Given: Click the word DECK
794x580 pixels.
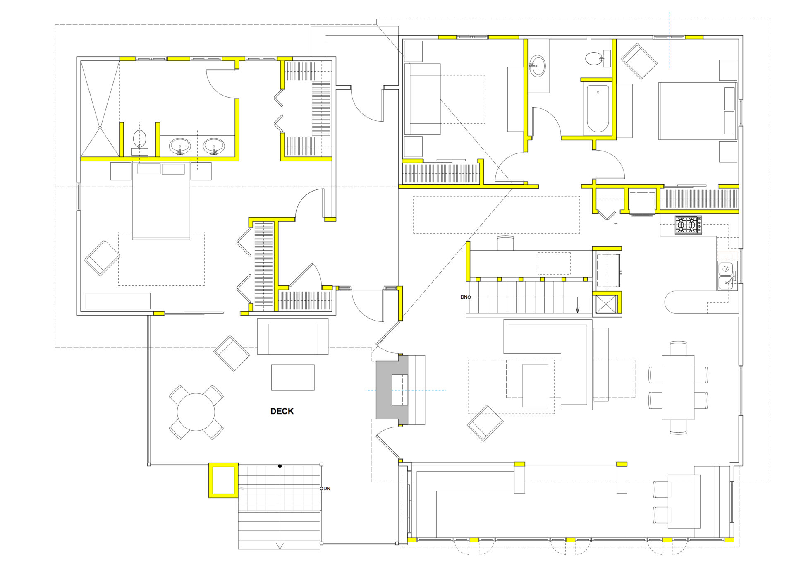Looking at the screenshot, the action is pyautogui.click(x=282, y=411).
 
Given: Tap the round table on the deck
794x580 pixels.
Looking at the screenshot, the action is pyautogui.click(x=196, y=412).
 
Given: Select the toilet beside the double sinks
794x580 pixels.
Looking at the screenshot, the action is pyautogui.click(x=140, y=142).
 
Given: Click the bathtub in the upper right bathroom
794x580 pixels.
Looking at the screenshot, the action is pyautogui.click(x=598, y=108).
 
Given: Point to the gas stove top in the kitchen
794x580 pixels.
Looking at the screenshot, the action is pyautogui.click(x=688, y=225).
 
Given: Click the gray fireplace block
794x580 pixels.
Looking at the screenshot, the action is pyautogui.click(x=392, y=390).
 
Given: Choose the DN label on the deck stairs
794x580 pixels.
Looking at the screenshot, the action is pyautogui.click(x=327, y=489).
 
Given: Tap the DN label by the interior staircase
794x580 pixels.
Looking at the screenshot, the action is pyautogui.click(x=464, y=297).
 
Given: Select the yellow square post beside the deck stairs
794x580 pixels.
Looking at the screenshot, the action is pyautogui.click(x=223, y=480).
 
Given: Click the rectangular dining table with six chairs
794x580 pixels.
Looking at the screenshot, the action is pyautogui.click(x=678, y=387).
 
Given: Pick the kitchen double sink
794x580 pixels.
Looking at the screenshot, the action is pyautogui.click(x=726, y=276).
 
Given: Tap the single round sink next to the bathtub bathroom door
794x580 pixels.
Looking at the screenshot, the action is pyautogui.click(x=537, y=66).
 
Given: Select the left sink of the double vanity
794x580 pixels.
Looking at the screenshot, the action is pyautogui.click(x=180, y=146).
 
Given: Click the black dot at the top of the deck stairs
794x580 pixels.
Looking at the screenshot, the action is pyautogui.click(x=280, y=466).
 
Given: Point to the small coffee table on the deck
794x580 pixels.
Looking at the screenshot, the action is pyautogui.click(x=293, y=377).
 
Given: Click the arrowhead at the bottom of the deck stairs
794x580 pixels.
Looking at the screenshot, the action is pyautogui.click(x=280, y=546).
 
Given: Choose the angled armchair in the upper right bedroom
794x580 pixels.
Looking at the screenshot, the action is pyautogui.click(x=639, y=61).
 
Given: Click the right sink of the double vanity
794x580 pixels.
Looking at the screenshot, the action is pyautogui.click(x=214, y=146).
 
